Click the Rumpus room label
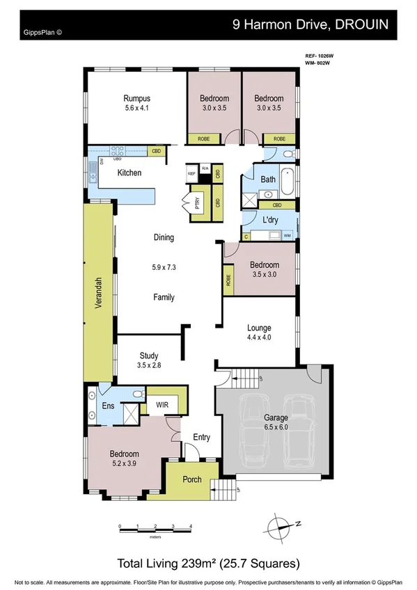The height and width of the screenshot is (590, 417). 136,98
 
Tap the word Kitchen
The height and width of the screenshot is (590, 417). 129,173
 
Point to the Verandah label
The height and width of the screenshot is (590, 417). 100,293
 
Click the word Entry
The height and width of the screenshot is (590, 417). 201,437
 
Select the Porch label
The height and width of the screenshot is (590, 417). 191,480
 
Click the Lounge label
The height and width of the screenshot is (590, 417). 258,328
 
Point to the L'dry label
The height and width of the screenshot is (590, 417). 270,220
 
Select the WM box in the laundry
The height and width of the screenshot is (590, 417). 288,237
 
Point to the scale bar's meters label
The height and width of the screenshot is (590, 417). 157,536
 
